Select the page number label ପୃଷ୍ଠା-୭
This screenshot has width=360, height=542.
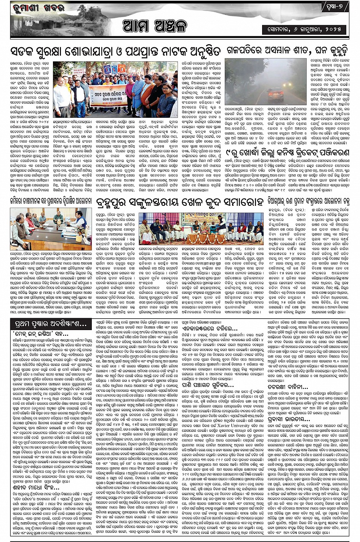(x=336, y=8)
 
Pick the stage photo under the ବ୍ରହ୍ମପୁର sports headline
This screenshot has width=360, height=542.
(x=201, y=229)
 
